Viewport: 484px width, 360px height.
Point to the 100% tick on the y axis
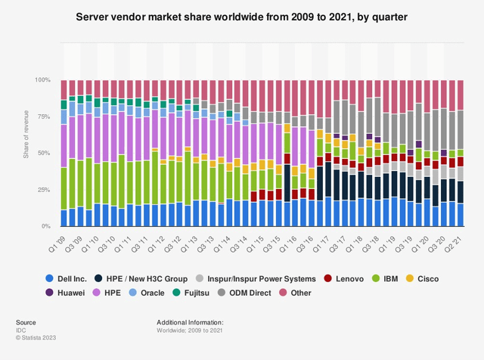44,79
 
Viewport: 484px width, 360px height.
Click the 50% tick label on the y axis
45,153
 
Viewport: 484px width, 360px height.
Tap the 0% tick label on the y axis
47,226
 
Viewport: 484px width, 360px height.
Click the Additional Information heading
190,322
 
